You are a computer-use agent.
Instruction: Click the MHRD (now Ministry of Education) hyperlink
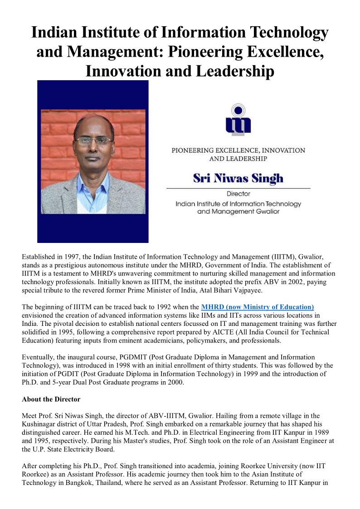point(258,307)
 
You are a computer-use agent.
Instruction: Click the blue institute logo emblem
point(238,120)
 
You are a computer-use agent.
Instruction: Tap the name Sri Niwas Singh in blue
point(238,178)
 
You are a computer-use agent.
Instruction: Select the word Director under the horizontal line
point(238,194)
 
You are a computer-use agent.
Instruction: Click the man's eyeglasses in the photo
point(93,141)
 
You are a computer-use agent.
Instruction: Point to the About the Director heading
point(51,399)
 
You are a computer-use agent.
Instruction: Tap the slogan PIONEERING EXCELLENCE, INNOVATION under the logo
point(238,150)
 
